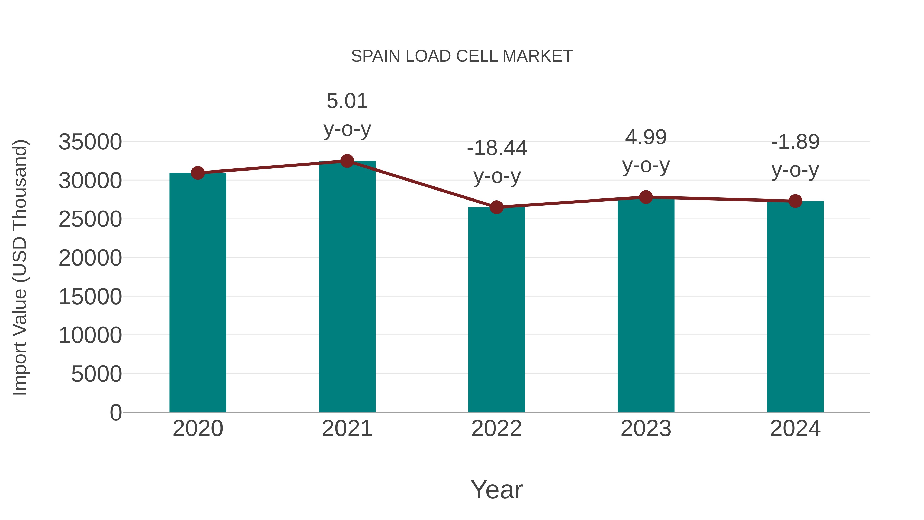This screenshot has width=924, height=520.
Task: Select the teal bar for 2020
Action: point(198,292)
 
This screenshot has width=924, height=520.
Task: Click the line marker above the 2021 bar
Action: point(347,161)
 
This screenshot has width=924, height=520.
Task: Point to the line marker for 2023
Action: point(646,197)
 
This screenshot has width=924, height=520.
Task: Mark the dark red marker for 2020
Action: point(198,173)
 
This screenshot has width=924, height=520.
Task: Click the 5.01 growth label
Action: point(347,101)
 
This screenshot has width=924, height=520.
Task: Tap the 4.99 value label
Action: point(646,137)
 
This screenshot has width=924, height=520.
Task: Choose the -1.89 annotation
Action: point(795,142)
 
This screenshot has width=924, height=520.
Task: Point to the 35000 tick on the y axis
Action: point(90,142)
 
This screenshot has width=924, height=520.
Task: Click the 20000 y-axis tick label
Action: point(90,258)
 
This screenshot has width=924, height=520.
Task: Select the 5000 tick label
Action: point(97,374)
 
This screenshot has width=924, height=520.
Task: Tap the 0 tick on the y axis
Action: point(115,412)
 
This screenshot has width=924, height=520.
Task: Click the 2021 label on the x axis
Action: point(347,429)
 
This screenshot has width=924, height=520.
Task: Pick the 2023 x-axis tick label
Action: point(646,429)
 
